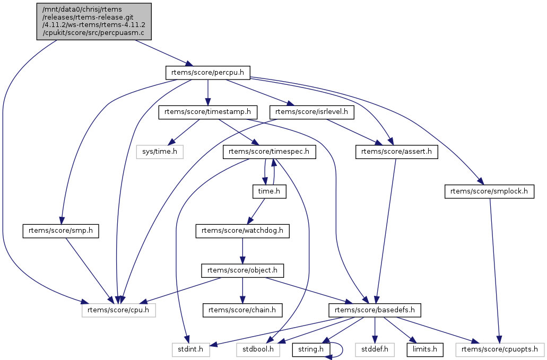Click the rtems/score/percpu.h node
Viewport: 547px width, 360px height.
tap(207, 73)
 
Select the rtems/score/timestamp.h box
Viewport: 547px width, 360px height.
tap(208, 112)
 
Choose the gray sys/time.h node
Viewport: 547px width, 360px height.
tap(160, 152)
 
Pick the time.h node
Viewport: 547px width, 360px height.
tap(269, 191)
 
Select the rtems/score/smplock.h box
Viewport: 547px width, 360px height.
tap(489, 191)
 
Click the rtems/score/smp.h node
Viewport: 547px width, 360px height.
tap(61, 231)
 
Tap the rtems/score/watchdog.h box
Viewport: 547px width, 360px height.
tap(242, 231)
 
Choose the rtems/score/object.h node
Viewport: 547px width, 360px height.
tap(242, 270)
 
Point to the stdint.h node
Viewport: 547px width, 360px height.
tap(190, 349)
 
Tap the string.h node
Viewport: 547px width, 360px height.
tap(311, 349)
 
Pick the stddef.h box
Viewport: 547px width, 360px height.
tap(375, 349)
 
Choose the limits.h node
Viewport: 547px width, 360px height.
tap(424, 349)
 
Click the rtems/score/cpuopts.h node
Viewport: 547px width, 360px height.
tap(500, 349)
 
